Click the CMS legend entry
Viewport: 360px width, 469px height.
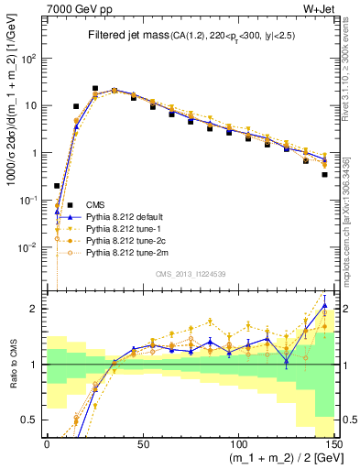point(96,204)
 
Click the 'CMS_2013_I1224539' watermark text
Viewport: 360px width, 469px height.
point(189,273)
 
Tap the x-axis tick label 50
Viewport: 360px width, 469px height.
point(142,444)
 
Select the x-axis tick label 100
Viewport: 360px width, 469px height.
point(237,444)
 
